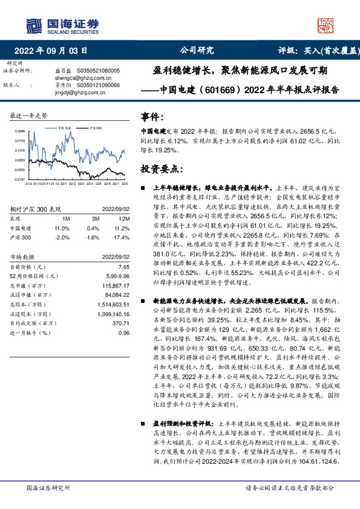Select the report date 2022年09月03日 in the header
point(54,50)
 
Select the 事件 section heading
point(152,117)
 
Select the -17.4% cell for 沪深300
point(122,237)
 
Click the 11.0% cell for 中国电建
point(62,228)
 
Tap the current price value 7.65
point(124,267)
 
